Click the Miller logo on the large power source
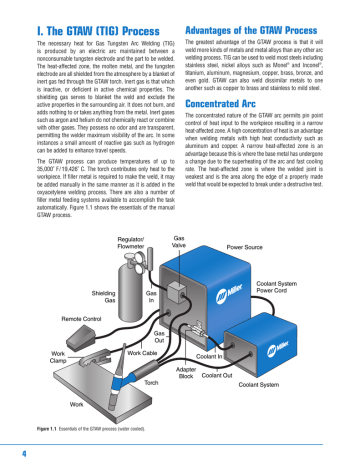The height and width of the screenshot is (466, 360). point(272,288)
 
